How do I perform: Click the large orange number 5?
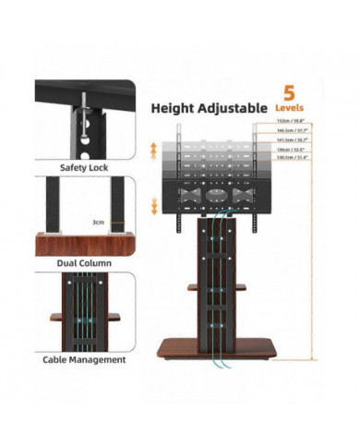(x=290, y=93)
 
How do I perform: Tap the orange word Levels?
(x=290, y=108)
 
